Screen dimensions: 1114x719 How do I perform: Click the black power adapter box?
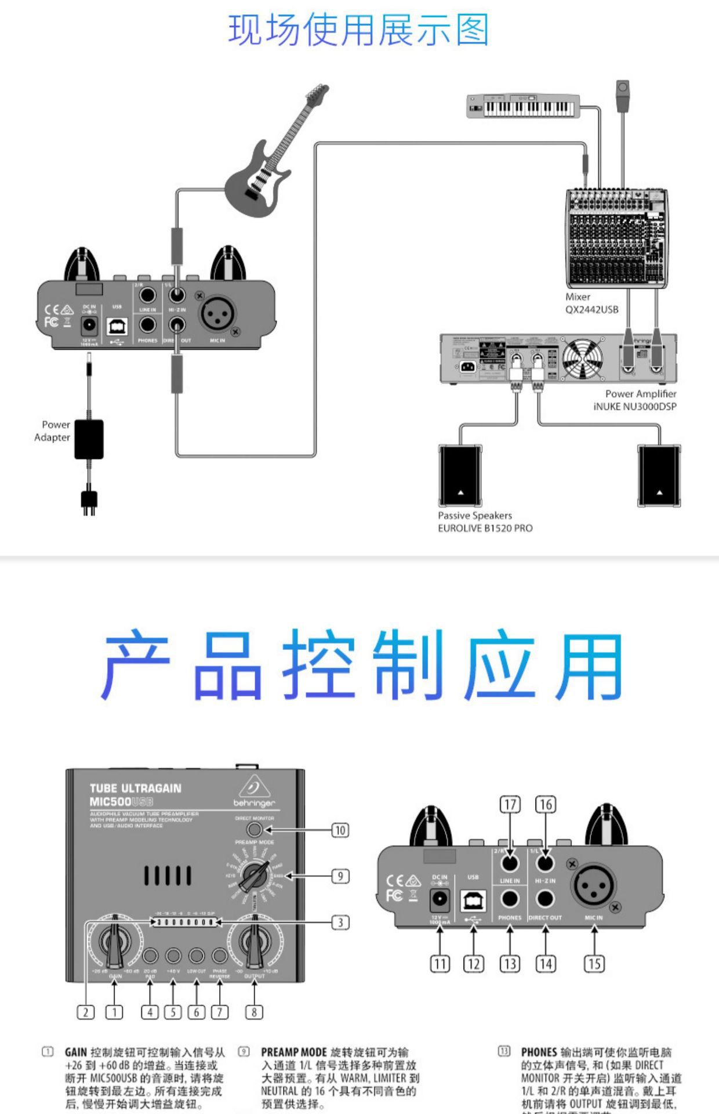[89, 439]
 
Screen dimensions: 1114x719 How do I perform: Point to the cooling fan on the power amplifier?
[582, 358]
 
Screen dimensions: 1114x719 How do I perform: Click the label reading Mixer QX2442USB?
[591, 303]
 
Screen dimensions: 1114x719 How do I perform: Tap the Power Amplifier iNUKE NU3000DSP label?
[634, 400]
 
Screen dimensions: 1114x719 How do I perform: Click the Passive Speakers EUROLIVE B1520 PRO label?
[485, 522]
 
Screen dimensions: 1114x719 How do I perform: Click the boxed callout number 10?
[340, 830]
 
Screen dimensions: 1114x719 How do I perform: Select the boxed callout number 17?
[510, 805]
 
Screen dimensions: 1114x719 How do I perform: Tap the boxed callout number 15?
[594, 964]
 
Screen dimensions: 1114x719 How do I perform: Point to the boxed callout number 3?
[340, 922]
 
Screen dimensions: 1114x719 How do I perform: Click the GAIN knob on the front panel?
[115, 941]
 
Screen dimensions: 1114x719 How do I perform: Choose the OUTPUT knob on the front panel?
[254, 941]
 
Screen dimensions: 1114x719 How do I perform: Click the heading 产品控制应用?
[362, 665]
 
